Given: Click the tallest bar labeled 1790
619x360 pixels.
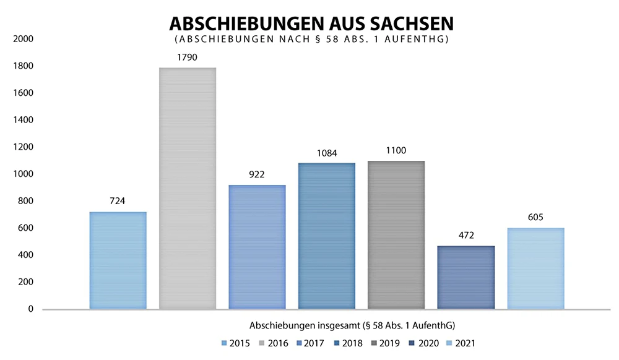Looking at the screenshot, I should [188, 188].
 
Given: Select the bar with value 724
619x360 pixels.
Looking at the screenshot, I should [118, 260].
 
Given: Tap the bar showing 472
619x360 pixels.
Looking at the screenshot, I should [466, 277].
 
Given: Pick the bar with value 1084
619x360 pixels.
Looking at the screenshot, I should [327, 236].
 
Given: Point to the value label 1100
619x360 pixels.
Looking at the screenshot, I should [396, 151].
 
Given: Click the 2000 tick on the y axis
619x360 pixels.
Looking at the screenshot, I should [23, 39].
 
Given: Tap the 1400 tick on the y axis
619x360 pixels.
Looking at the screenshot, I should [23, 120].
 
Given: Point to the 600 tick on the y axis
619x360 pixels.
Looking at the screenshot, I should [25, 228].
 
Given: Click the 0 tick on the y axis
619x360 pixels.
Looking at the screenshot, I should [29, 309].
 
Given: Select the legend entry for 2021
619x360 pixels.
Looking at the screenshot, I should [466, 343].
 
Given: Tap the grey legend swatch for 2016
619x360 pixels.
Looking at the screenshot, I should [262, 343].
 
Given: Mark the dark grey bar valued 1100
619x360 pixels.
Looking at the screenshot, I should [396, 235].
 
